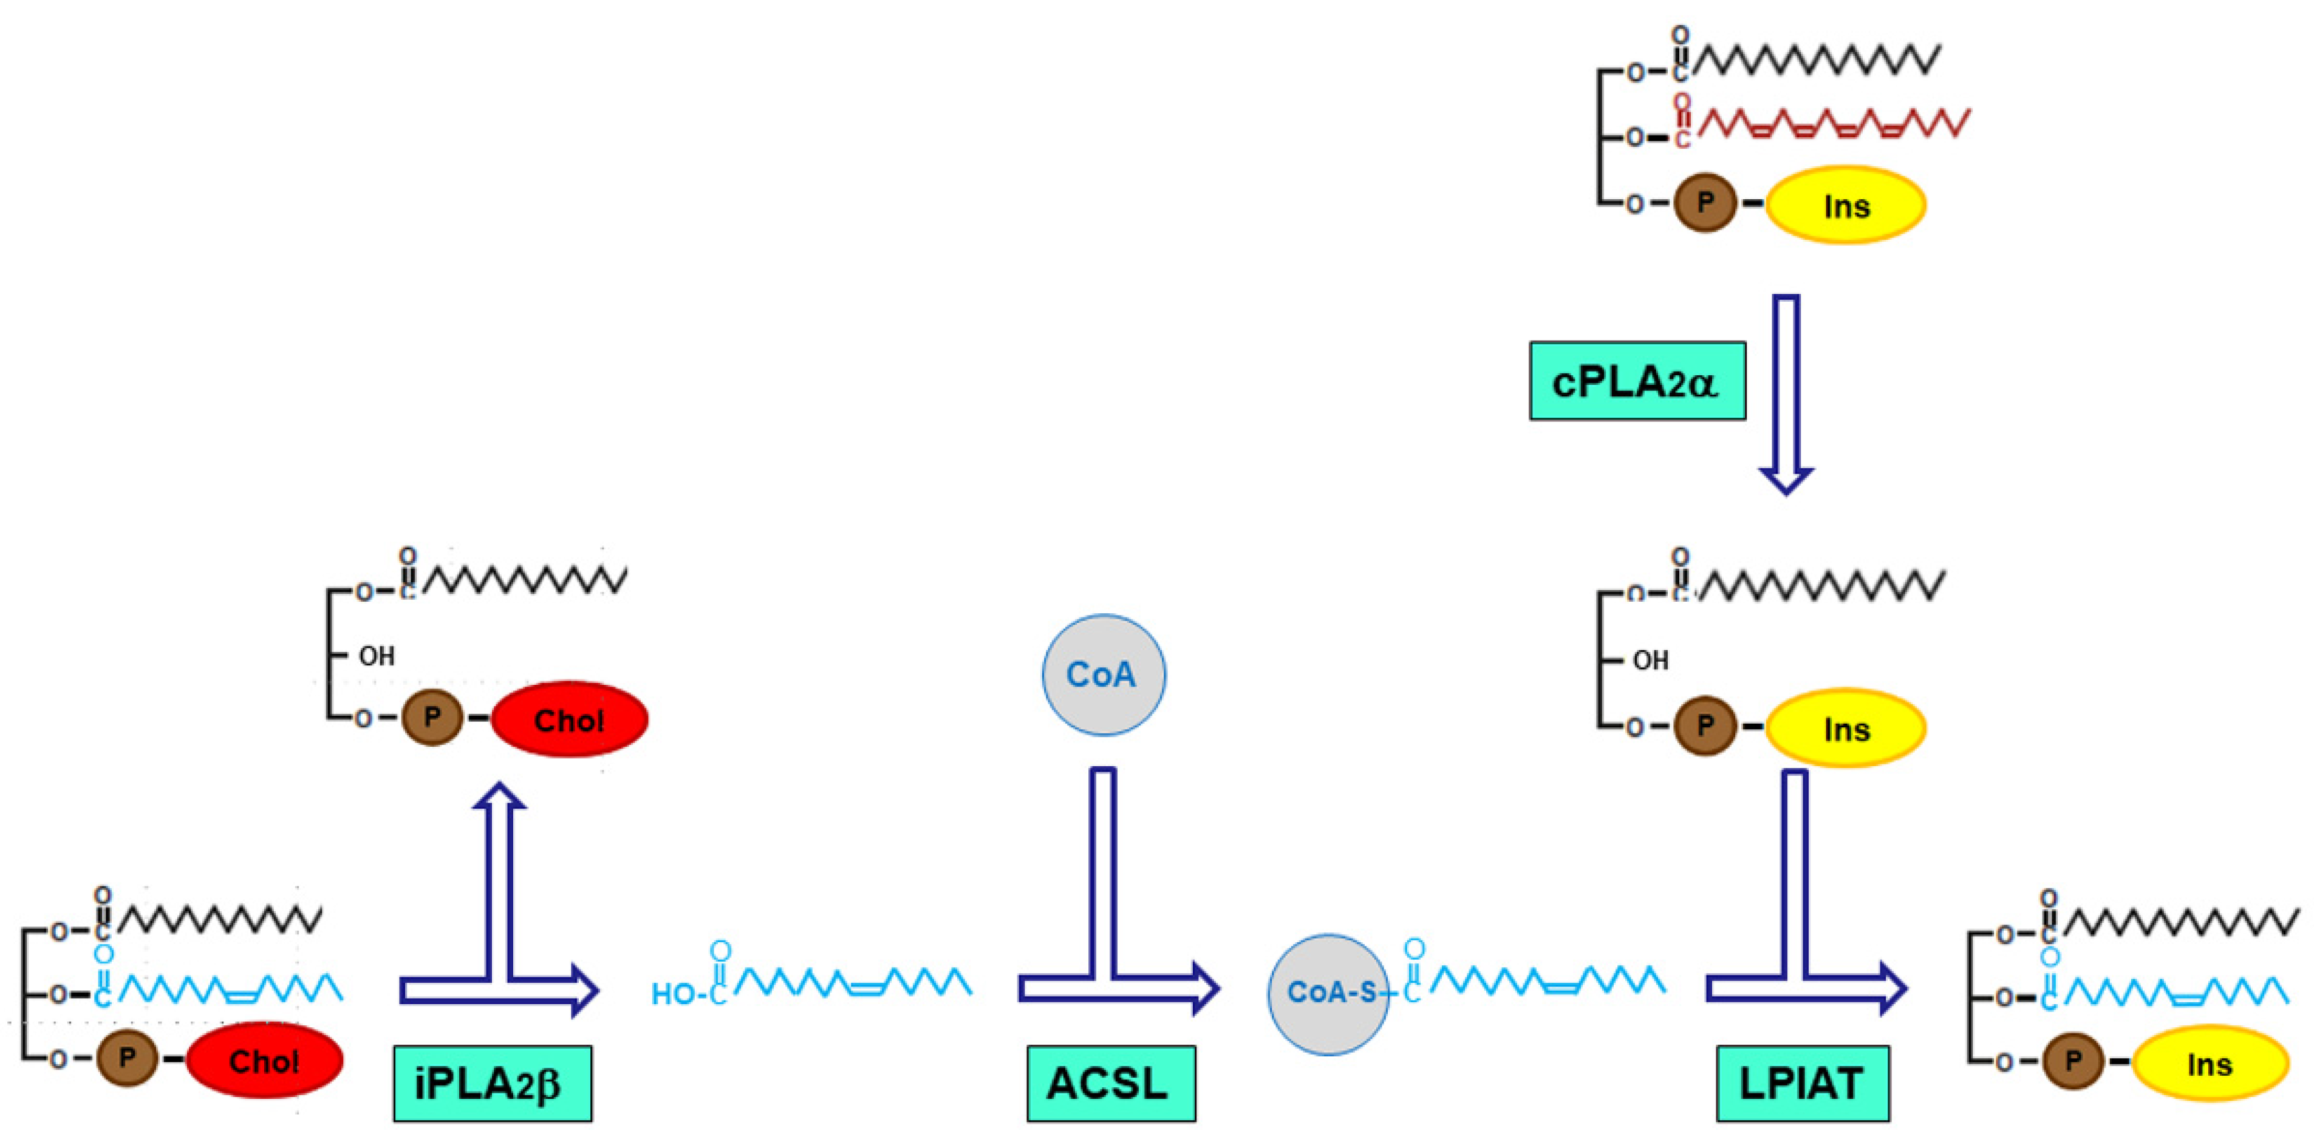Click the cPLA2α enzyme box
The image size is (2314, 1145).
[1637, 381]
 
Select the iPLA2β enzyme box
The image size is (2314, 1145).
[493, 1083]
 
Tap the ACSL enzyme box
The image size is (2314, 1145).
[1110, 1083]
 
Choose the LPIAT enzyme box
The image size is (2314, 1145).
[1802, 1083]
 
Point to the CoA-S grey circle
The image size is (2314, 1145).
[1328, 994]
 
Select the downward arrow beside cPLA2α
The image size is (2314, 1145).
[1786, 395]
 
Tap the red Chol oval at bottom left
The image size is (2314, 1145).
[264, 1061]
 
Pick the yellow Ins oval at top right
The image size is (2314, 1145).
[1846, 205]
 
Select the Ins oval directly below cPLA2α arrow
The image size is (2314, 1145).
[1846, 729]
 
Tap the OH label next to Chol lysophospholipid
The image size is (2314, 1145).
[377, 656]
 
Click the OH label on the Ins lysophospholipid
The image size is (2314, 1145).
[1650, 661]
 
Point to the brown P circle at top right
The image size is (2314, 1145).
[1705, 203]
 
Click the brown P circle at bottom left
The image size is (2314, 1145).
[128, 1058]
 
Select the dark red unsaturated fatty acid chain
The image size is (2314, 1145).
[1832, 124]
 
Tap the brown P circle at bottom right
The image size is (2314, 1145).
[2072, 1061]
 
